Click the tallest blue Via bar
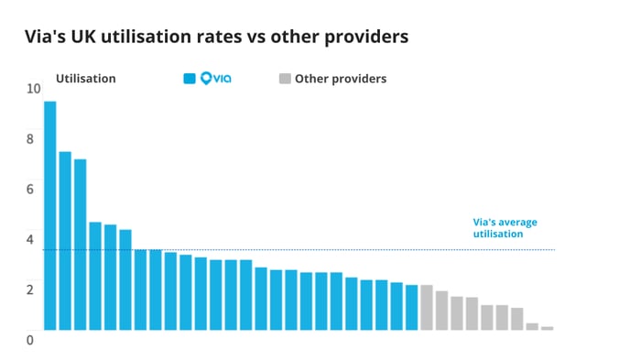click(x=49, y=215)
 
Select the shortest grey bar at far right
click(x=547, y=328)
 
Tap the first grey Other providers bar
click(x=427, y=308)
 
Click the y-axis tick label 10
click(x=34, y=89)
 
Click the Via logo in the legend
click(x=215, y=79)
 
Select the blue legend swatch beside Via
click(x=190, y=79)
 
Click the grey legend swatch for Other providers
click(x=284, y=79)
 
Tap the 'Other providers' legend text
click(x=341, y=79)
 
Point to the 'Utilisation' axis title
click(x=86, y=79)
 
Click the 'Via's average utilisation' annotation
click(x=504, y=228)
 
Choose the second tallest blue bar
click(x=65, y=241)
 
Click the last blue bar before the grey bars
click(x=411, y=308)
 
